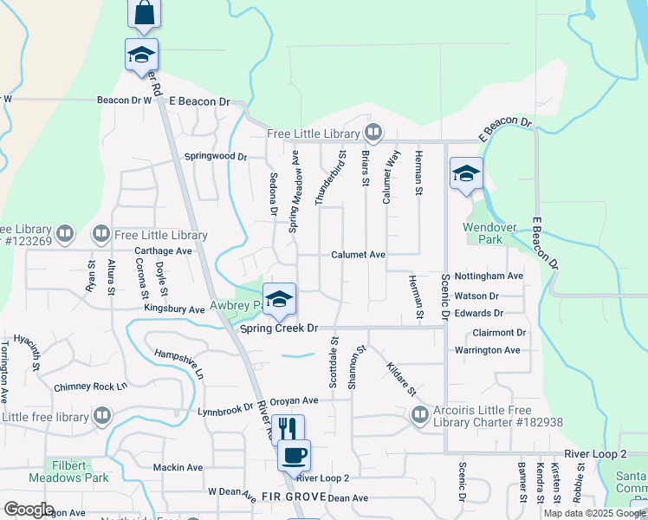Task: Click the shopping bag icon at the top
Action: [x=145, y=13]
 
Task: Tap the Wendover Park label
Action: [x=490, y=233]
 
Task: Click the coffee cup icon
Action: [x=294, y=454]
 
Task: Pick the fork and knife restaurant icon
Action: [x=288, y=429]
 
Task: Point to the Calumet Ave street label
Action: [x=357, y=255]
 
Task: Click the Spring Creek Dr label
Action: [x=280, y=328]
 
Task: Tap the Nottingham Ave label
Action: [x=489, y=276]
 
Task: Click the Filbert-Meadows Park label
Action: [x=68, y=471]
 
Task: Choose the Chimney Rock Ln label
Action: [x=90, y=387]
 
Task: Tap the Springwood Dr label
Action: [x=216, y=157]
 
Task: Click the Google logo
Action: [x=29, y=510]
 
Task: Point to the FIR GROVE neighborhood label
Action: [x=293, y=497]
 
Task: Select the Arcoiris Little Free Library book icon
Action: [x=420, y=415]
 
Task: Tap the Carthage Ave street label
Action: [x=163, y=251]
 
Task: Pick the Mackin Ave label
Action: [x=178, y=467]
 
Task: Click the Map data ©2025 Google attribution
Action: [x=593, y=513]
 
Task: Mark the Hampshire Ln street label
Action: [x=178, y=364]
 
